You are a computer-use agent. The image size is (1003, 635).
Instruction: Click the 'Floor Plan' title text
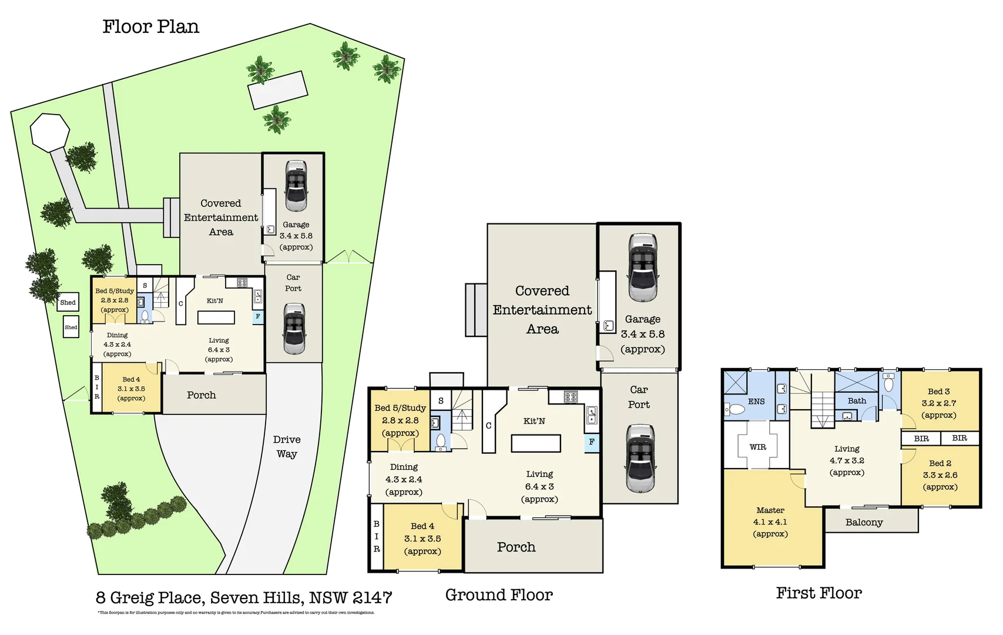150,27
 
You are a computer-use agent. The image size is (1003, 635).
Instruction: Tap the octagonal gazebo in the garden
50,131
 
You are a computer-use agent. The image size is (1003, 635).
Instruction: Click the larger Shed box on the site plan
68,302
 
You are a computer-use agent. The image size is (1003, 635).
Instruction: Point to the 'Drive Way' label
287,447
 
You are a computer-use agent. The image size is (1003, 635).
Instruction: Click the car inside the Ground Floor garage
642,268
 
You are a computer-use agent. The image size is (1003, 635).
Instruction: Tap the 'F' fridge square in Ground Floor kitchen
592,442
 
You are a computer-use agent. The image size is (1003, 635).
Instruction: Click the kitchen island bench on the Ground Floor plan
536,443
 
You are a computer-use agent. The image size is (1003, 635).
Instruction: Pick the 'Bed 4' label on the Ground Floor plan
422,526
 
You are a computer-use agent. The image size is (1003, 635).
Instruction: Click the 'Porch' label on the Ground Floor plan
516,547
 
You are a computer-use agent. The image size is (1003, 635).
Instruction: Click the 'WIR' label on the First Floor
758,447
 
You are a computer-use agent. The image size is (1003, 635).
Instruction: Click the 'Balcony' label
864,522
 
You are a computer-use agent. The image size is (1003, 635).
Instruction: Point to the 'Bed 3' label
938,392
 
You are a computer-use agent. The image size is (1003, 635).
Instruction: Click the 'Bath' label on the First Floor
857,401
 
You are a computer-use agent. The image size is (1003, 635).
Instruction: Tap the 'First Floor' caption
818,593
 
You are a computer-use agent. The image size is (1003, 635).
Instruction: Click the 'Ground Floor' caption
499,595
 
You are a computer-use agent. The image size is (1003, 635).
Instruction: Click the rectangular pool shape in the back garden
278,90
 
